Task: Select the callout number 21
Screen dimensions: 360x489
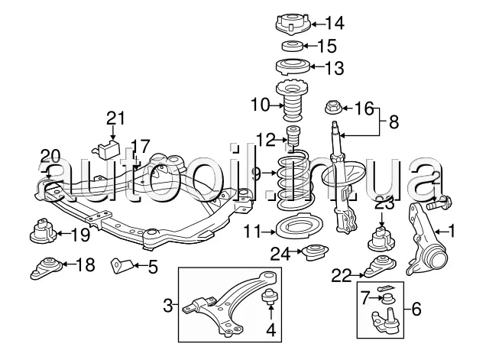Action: pyautogui.click(x=115, y=117)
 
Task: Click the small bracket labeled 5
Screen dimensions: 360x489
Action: pyautogui.click(x=118, y=264)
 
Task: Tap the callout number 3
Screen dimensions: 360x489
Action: pyautogui.click(x=167, y=308)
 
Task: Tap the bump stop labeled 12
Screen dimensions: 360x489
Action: pyautogui.click(x=290, y=140)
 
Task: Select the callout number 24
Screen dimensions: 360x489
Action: pyautogui.click(x=281, y=254)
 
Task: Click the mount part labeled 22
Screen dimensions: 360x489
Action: pyautogui.click(x=377, y=268)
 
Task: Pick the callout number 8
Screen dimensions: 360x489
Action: pyautogui.click(x=394, y=120)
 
